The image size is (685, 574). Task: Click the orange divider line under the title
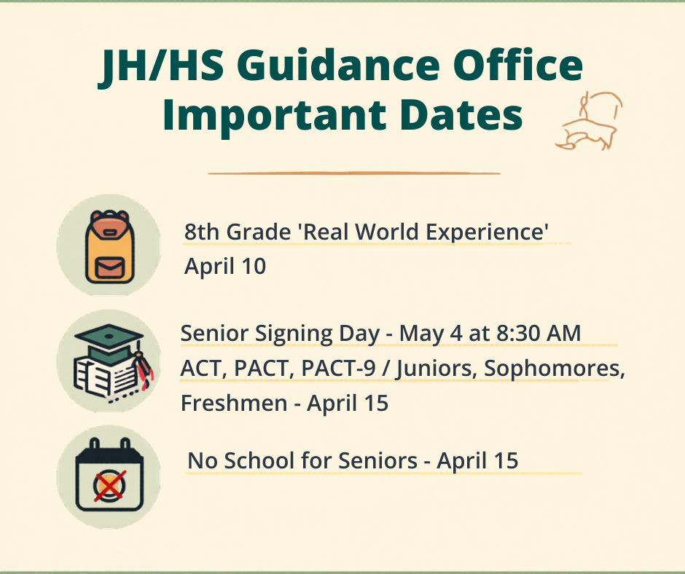[354, 173]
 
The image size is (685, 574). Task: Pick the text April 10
[225, 267]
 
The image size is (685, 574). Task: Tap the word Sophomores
[553, 369]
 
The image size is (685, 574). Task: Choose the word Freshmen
[234, 403]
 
